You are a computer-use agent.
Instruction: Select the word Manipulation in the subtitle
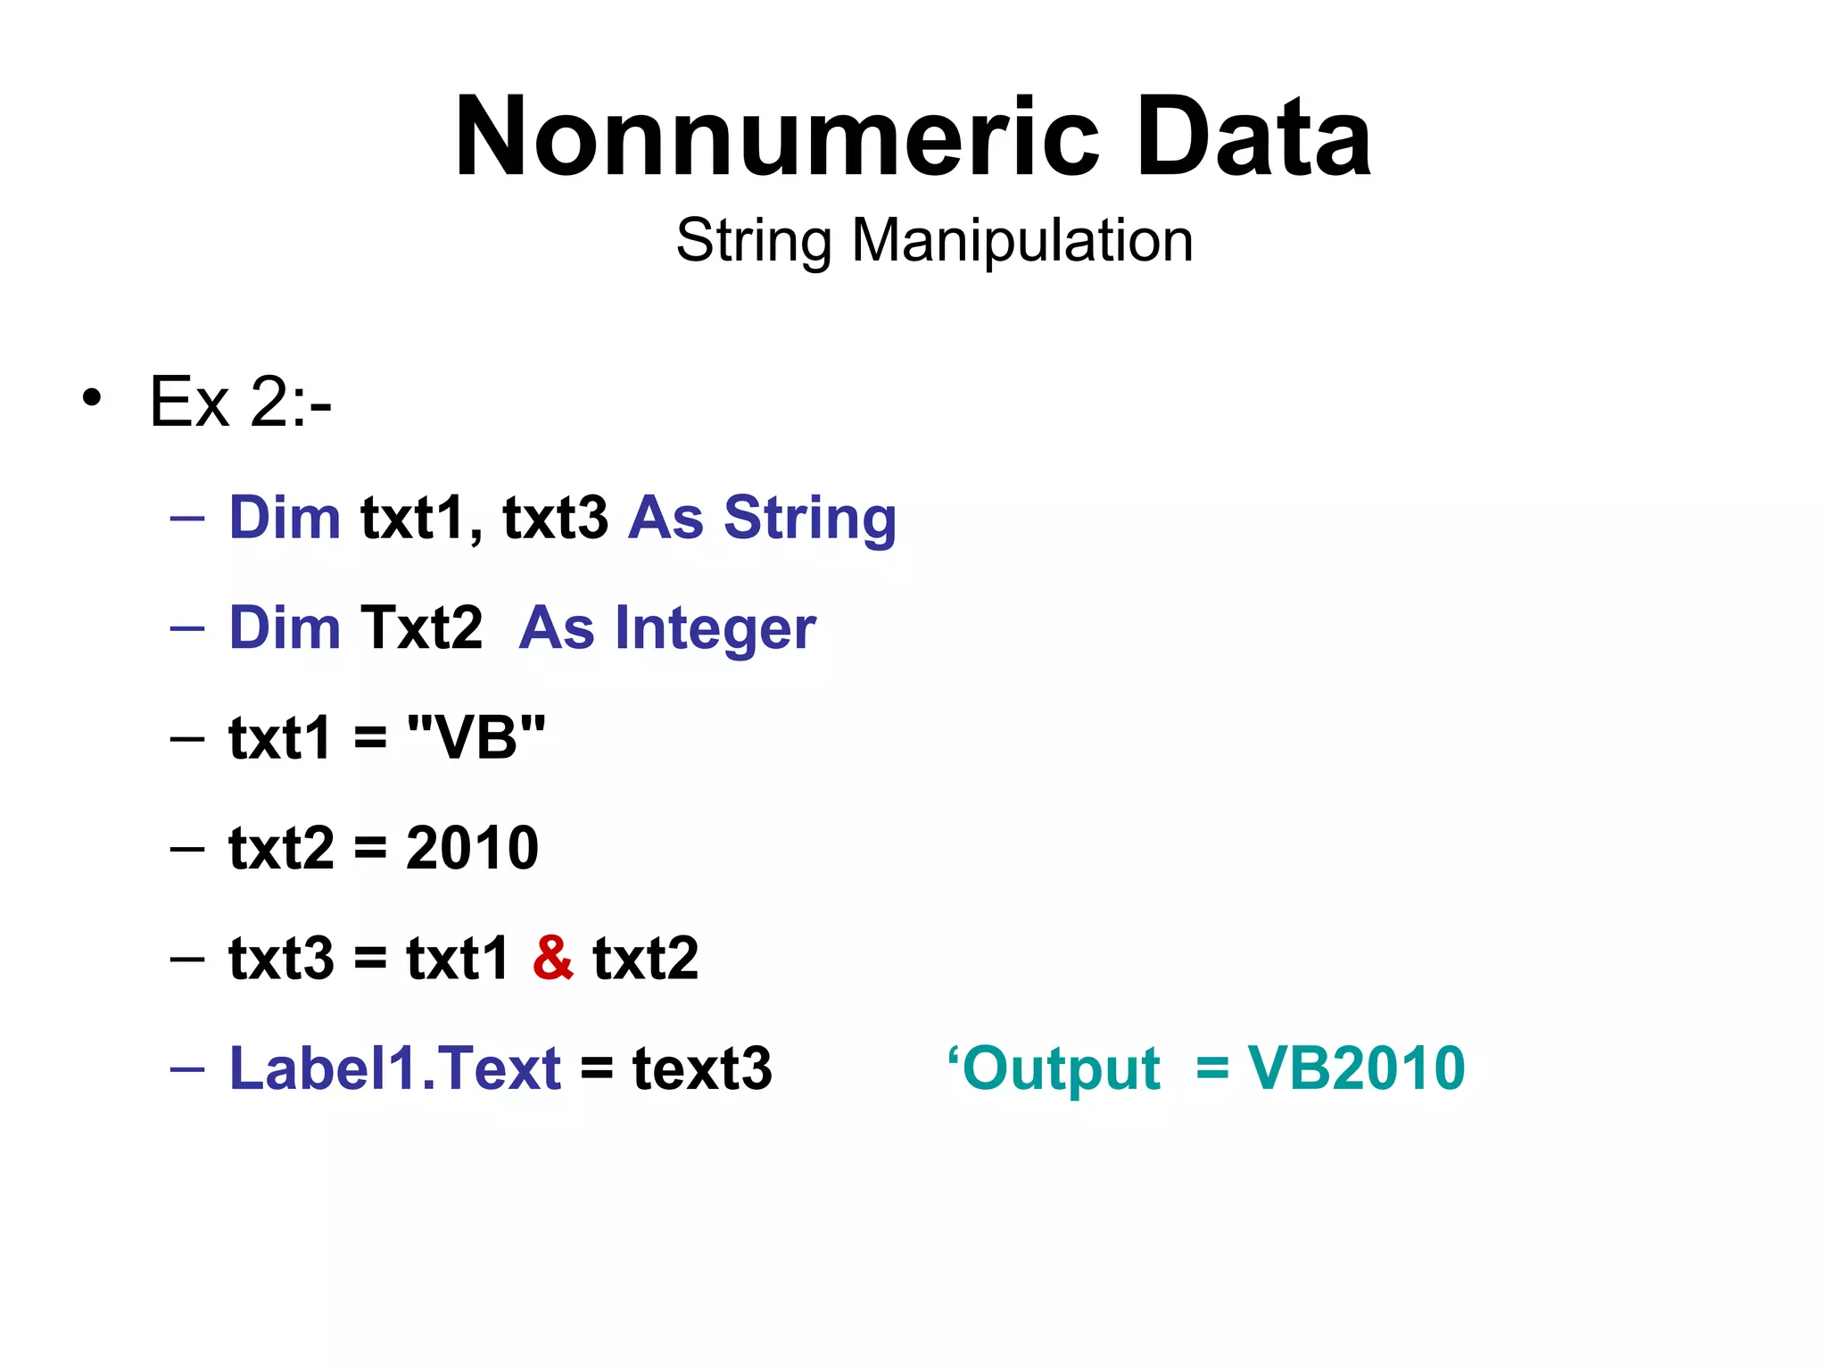[x=1022, y=240]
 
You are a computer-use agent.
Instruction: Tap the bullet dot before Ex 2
[x=91, y=398]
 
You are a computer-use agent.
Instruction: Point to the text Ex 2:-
[x=240, y=403]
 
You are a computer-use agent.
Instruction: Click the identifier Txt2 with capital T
[x=421, y=627]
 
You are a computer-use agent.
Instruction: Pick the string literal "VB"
[x=475, y=738]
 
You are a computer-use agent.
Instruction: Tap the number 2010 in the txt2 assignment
[x=472, y=848]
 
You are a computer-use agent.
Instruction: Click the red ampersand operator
[x=553, y=958]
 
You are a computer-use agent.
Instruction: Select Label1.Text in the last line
[x=395, y=1068]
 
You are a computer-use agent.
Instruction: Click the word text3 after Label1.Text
[x=702, y=1068]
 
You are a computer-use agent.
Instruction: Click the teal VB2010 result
[x=1356, y=1068]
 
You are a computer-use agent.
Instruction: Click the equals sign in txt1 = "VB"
[x=370, y=739]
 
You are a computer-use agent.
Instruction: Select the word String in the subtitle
[x=754, y=241]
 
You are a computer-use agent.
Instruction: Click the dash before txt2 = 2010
[x=187, y=848]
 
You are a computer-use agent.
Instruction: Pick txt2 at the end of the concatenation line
[x=646, y=958]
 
